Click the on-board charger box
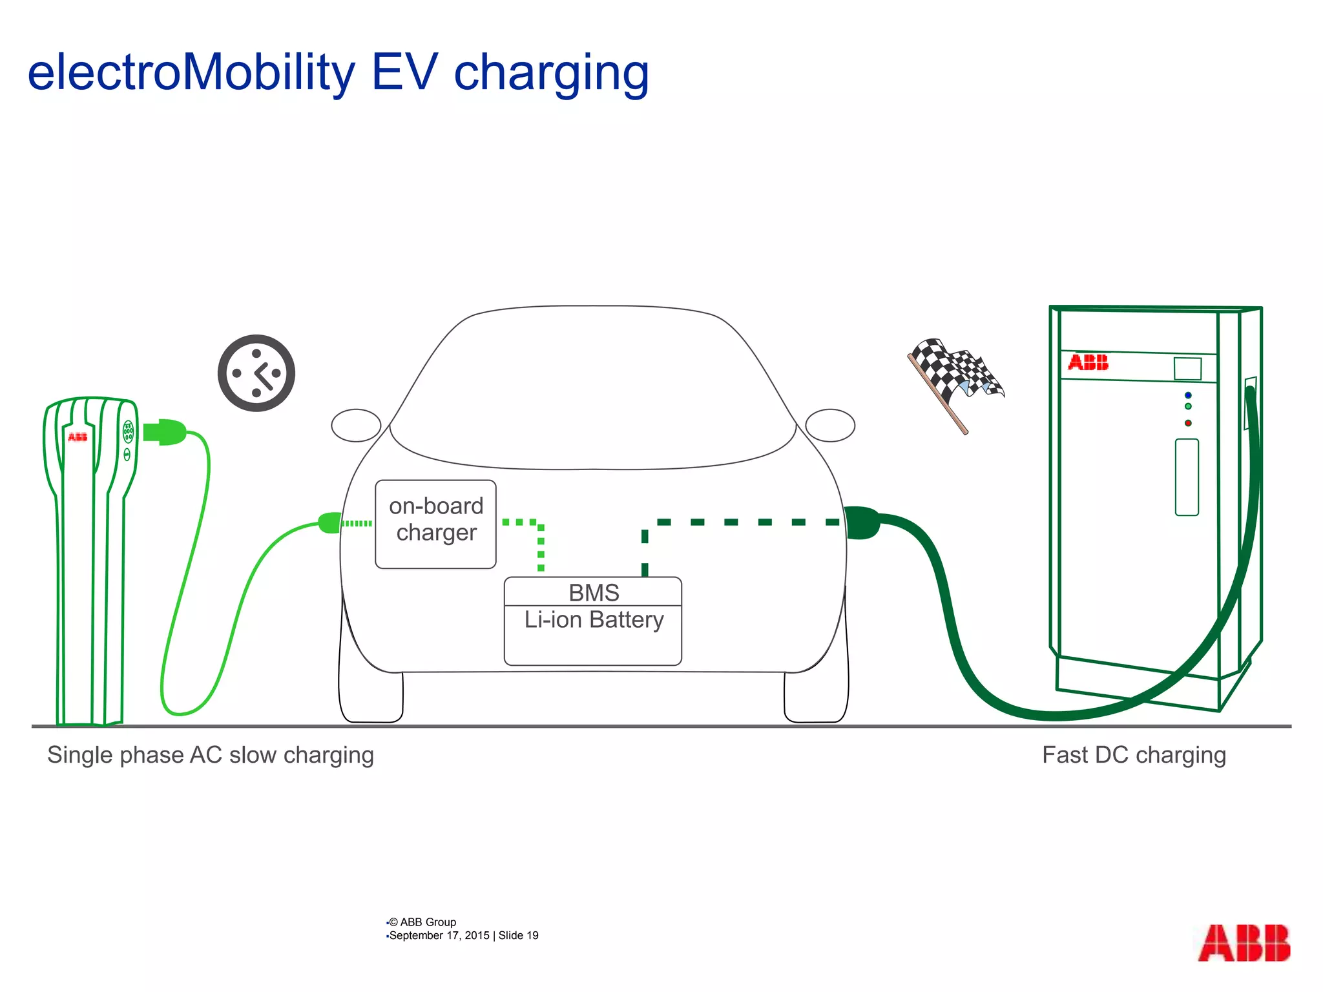click(x=435, y=524)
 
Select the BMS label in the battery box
click(x=594, y=592)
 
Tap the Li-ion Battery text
click(x=594, y=620)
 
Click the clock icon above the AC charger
click(x=256, y=373)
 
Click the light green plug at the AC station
click(x=165, y=432)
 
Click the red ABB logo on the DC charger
click(x=1089, y=362)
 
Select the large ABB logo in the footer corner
click(x=1244, y=944)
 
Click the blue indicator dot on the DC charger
click(x=1188, y=395)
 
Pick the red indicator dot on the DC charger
click(x=1188, y=423)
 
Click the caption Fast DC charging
click(x=1134, y=755)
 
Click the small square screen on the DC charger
click(x=1187, y=369)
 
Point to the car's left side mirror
click(x=356, y=425)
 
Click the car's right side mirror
click(x=831, y=425)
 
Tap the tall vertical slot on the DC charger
click(x=1187, y=477)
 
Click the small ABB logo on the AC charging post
click(x=78, y=437)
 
